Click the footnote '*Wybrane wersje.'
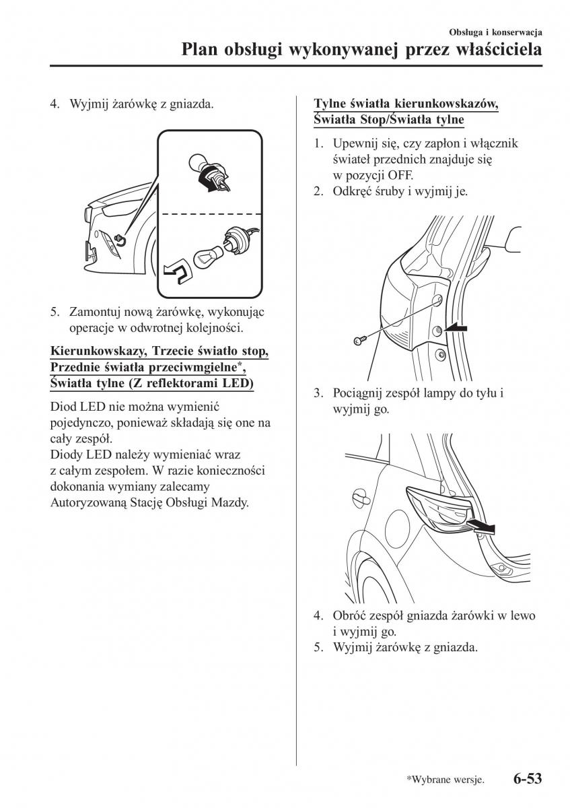(445, 780)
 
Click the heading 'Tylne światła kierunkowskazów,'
(406, 104)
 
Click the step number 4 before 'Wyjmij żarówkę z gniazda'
(55, 105)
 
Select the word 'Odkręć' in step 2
(351, 191)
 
